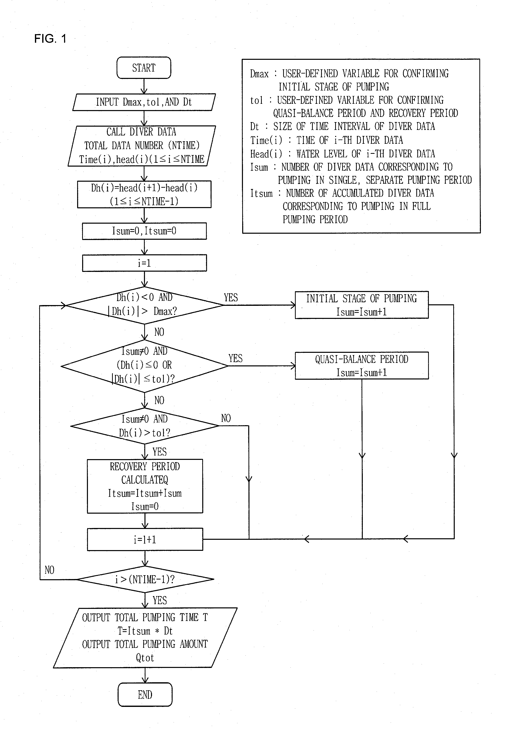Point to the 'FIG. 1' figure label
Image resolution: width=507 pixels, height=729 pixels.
50,39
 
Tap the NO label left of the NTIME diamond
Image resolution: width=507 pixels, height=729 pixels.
49,570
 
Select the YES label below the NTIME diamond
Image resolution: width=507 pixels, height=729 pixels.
159,600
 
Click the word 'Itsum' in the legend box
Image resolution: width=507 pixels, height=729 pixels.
261,193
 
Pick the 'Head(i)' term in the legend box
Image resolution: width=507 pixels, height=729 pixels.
266,154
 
